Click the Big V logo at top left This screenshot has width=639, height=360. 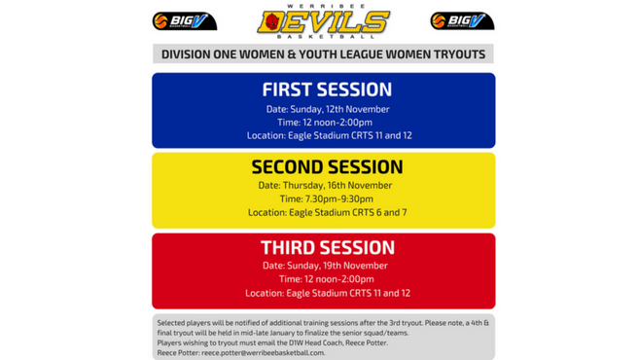[x=184, y=21]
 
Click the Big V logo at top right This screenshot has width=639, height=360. [x=462, y=21]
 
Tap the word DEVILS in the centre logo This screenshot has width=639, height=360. [x=325, y=22]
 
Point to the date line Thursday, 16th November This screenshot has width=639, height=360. [x=325, y=185]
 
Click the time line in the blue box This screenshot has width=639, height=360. [x=325, y=123]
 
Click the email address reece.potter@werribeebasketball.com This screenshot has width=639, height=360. [x=263, y=352]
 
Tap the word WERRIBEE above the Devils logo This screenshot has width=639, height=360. [x=323, y=6]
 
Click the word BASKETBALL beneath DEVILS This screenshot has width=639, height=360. [x=325, y=38]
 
